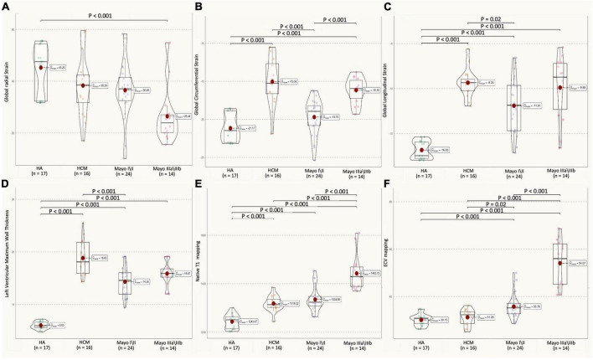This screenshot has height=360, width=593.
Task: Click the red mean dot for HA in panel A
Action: point(39,67)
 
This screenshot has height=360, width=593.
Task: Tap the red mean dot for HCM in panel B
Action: point(271,81)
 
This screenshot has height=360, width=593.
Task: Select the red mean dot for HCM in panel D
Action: point(82,258)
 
